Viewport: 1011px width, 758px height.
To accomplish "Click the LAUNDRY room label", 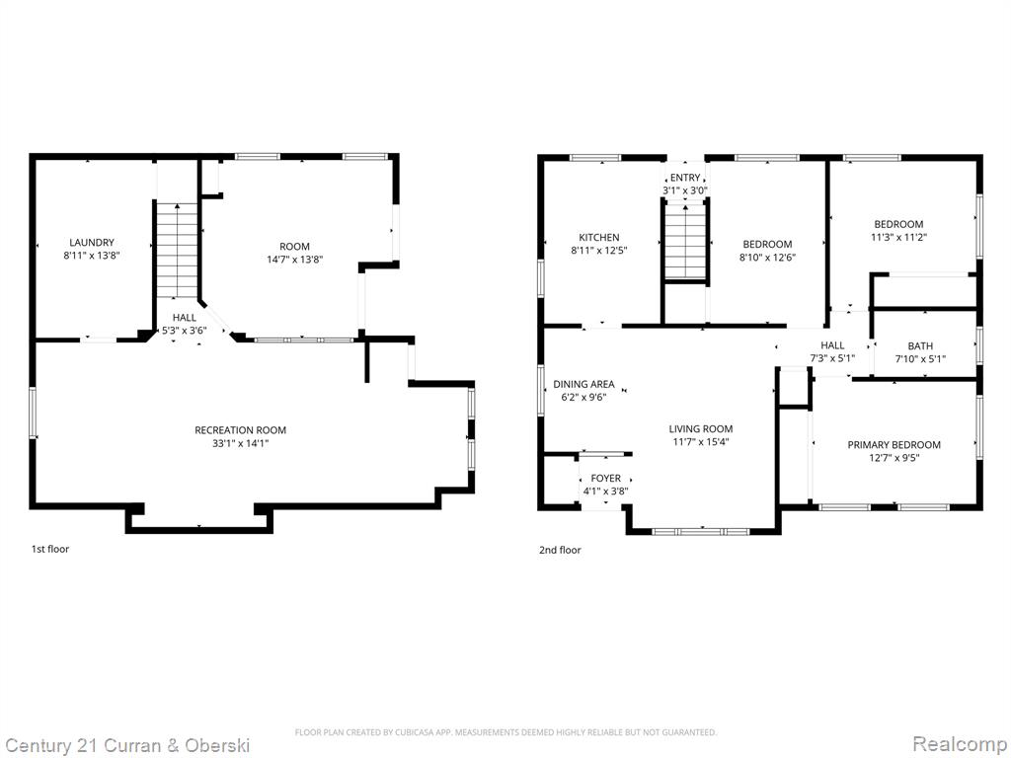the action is point(92,243).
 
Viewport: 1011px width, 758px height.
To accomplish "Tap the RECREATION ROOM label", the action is point(241,430).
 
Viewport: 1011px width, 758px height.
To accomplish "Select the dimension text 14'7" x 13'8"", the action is point(294,260).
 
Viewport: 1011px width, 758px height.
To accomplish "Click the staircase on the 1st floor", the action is point(177,250).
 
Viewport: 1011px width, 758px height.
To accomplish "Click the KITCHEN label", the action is point(599,237).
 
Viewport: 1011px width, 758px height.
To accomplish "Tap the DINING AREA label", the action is point(583,384).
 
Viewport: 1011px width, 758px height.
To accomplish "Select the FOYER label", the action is point(606,479).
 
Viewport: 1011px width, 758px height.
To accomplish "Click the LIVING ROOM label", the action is point(701,428).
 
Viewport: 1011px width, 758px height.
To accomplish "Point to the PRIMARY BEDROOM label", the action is point(894,445).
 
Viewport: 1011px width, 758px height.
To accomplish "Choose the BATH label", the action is point(920,346).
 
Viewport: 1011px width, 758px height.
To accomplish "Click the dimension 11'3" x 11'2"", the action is point(898,237).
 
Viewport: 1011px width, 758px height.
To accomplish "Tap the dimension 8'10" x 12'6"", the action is point(767,258).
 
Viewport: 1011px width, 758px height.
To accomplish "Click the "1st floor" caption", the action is point(50,549).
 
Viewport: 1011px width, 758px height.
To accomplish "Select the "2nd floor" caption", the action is point(560,550).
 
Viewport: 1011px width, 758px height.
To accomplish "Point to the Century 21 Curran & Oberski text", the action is point(127,746).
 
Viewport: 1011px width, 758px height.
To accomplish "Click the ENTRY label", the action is point(685,178).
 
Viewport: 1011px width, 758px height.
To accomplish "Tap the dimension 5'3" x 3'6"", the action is point(185,331).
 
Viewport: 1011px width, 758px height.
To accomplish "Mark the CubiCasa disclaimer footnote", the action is point(505,732).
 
